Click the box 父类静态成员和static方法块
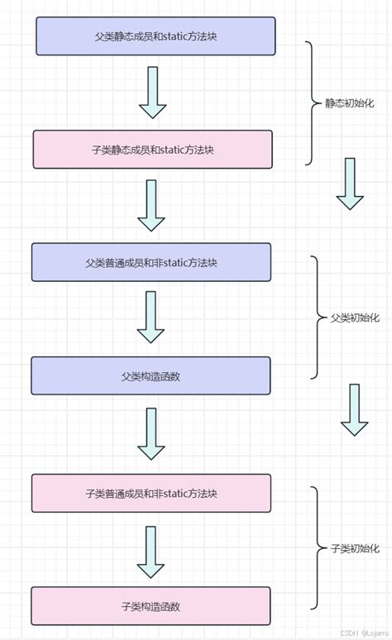(155, 36)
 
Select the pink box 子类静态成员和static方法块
(152, 150)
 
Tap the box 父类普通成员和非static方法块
(151, 262)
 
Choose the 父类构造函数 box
(151, 375)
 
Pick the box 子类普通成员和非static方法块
(151, 493)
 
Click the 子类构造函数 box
(151, 605)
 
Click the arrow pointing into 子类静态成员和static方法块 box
(152, 93)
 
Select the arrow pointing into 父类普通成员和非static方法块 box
(151, 206)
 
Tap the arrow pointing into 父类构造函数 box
(151, 318)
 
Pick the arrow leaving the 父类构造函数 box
(151, 434)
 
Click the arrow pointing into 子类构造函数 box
(151, 552)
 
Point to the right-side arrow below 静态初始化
(350, 184)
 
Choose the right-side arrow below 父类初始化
(354, 410)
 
